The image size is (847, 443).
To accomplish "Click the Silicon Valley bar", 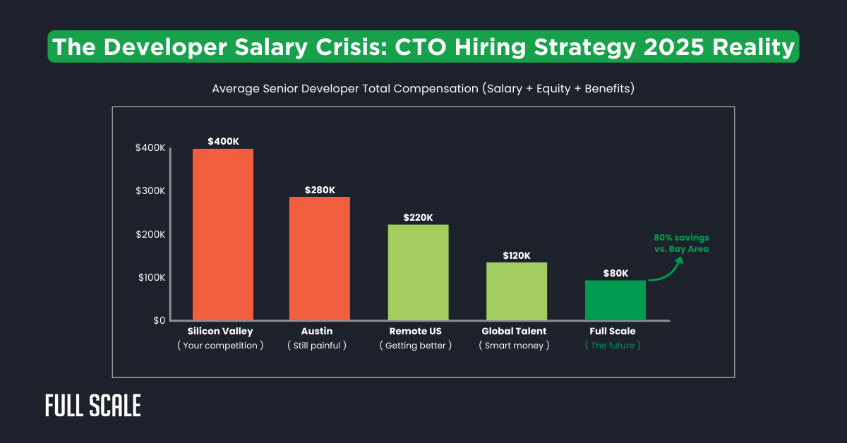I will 223,234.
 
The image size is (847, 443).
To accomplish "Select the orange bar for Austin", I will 320,258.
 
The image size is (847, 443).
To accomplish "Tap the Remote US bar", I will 418,272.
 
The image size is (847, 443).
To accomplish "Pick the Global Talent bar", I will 517,291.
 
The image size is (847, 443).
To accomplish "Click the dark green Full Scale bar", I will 615,300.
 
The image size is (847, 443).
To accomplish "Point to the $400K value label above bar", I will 223,141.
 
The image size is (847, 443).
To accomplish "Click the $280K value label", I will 320,190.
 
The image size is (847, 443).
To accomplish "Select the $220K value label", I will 418,217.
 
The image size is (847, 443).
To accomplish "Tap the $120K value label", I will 517,255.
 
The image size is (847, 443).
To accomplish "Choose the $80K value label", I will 615,273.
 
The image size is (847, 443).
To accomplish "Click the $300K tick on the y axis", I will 150,191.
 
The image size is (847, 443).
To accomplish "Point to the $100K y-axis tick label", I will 150,278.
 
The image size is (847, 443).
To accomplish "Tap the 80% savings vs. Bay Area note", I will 681,243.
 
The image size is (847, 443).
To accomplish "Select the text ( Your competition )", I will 220,346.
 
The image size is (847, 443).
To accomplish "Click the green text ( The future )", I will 613,346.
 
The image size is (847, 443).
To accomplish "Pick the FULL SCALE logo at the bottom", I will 92,406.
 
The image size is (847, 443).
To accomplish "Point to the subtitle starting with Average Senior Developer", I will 423,89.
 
